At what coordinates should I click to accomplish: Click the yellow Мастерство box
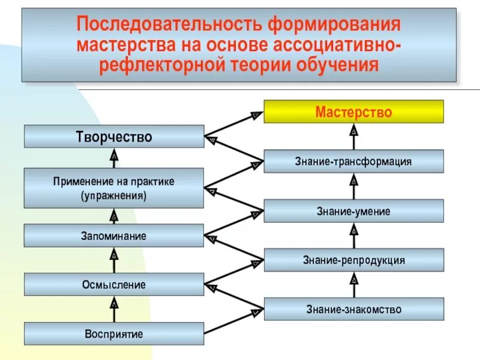pyautogui.click(x=354, y=112)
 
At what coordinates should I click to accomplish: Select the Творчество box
pyautogui.click(x=114, y=137)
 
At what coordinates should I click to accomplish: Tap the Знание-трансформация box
pyautogui.click(x=354, y=161)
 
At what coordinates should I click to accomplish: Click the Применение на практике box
pyautogui.click(x=114, y=188)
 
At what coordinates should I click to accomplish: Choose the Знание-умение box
pyautogui.click(x=354, y=211)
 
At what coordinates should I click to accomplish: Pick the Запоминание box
pyautogui.click(x=114, y=235)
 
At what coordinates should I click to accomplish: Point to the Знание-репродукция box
pyautogui.click(x=354, y=260)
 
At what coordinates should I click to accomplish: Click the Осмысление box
pyautogui.click(x=114, y=284)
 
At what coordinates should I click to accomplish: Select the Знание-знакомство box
pyautogui.click(x=354, y=309)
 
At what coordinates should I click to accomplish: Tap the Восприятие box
pyautogui.click(x=114, y=334)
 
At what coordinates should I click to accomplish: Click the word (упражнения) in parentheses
pyautogui.click(x=114, y=196)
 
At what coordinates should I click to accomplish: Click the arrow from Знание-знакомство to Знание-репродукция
pyautogui.click(x=354, y=284)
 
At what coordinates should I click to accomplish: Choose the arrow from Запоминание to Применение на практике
pyautogui.click(x=114, y=216)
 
